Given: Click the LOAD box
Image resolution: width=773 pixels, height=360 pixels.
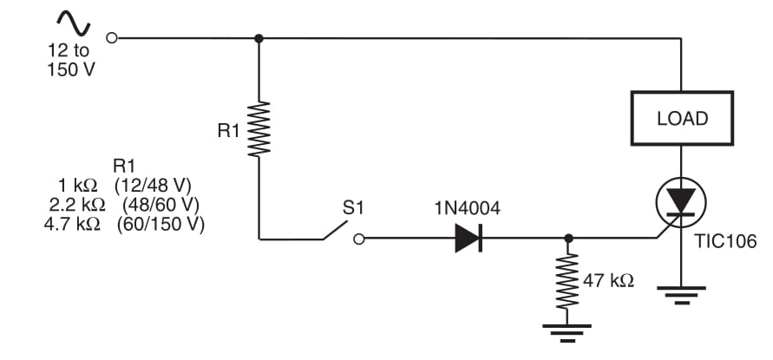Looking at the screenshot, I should [682, 118].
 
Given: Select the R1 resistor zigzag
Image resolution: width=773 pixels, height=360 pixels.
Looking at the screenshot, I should [259, 129].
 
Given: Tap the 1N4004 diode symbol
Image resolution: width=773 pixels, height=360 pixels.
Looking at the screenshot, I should [468, 238].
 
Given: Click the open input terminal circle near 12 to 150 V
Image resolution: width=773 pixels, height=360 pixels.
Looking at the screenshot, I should [110, 38].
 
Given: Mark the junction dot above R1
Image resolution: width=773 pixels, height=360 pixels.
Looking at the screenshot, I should [259, 38].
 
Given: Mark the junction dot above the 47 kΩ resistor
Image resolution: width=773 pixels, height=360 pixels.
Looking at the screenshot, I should [567, 238].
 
